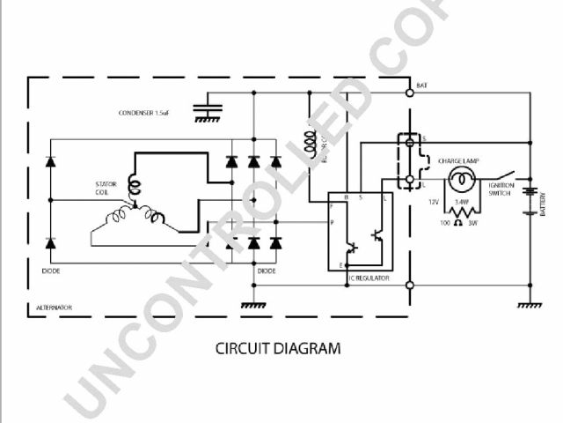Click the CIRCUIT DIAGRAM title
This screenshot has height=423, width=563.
[278, 348]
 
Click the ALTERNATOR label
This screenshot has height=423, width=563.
[54, 308]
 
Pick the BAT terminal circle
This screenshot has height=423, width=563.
[410, 92]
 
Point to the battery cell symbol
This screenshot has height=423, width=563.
[530, 198]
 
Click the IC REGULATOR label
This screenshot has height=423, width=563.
[368, 278]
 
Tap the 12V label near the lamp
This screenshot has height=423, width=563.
[433, 203]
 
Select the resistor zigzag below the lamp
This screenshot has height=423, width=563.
[460, 211]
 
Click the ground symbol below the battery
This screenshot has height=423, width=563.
[530, 305]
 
